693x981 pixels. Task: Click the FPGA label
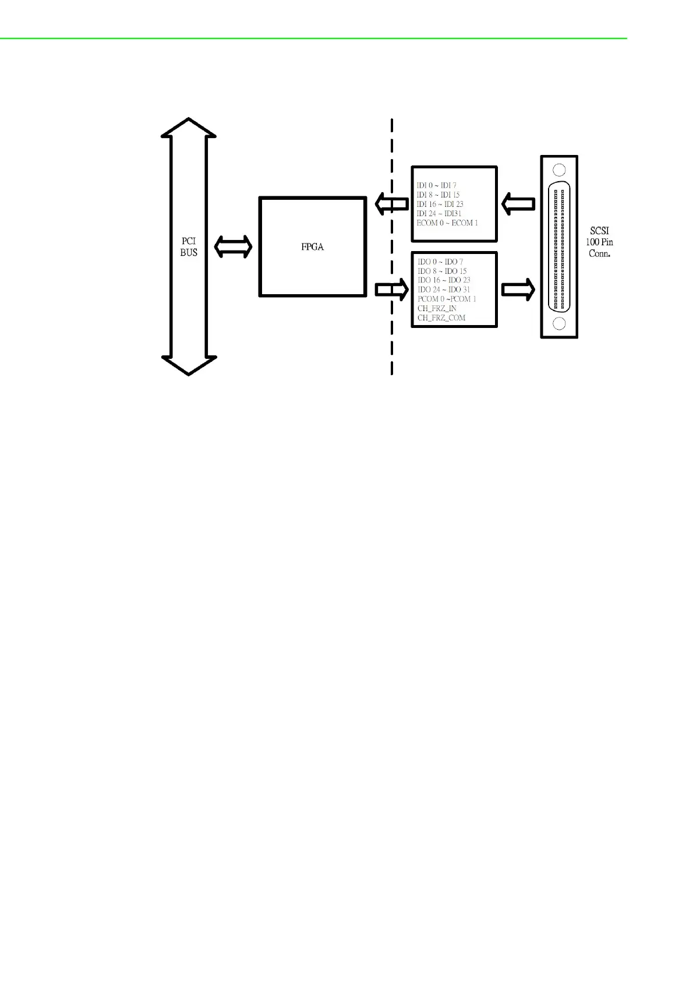click(312, 247)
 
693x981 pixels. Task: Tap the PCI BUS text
click(189, 247)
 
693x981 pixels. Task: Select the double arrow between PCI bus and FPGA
click(233, 247)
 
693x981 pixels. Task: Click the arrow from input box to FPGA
click(391, 204)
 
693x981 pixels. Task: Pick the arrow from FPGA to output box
click(391, 290)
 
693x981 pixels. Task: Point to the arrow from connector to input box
click(518, 204)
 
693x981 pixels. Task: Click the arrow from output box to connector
click(518, 290)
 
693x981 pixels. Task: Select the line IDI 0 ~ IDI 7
click(436, 186)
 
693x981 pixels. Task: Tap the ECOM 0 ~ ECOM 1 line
click(447, 223)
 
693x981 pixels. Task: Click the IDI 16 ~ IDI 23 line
click(440, 204)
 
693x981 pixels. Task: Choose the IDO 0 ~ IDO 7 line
click(440, 262)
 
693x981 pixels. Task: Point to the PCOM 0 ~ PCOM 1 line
click(447, 299)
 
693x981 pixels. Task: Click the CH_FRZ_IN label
click(437, 308)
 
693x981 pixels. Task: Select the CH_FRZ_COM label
click(441, 318)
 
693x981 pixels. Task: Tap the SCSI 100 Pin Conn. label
click(599, 242)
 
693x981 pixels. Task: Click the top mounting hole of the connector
click(559, 171)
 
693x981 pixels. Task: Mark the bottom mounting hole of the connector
click(559, 323)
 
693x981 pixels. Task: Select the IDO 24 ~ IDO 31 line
click(443, 290)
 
